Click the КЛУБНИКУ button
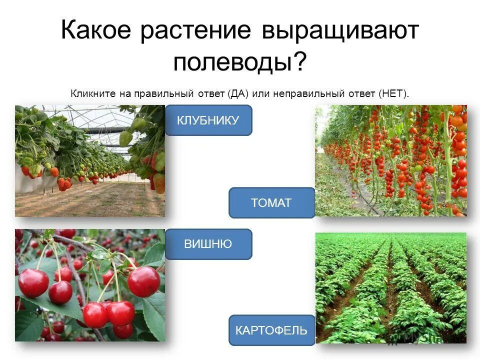(x=208, y=120)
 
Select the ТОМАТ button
(x=271, y=203)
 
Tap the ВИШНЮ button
(x=208, y=244)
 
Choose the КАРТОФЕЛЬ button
(x=271, y=330)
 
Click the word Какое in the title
(x=97, y=31)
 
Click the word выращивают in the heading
(x=339, y=31)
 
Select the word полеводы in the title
(x=232, y=62)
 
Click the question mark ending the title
(x=299, y=62)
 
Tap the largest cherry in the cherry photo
(x=143, y=281)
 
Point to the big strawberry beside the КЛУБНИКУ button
(x=159, y=182)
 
